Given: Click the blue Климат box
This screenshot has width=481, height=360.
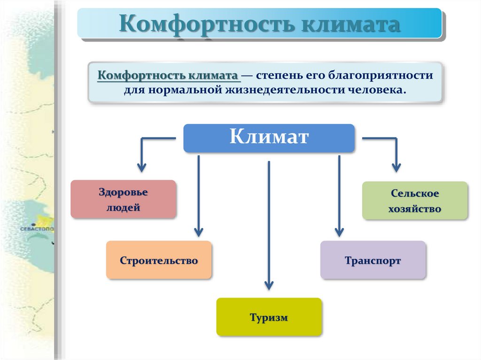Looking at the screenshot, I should click(269, 138).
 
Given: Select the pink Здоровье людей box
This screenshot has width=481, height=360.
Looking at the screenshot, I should click(123, 199).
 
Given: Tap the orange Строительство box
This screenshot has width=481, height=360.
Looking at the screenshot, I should click(159, 260).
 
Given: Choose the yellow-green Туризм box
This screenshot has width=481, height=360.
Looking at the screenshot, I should click(269, 317).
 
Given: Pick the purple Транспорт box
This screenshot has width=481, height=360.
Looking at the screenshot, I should click(373, 260).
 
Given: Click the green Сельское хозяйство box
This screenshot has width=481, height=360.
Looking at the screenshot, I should click(415, 201).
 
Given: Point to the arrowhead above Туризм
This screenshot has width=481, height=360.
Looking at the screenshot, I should click(269, 284).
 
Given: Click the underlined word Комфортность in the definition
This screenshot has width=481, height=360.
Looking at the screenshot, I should click(141, 75).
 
